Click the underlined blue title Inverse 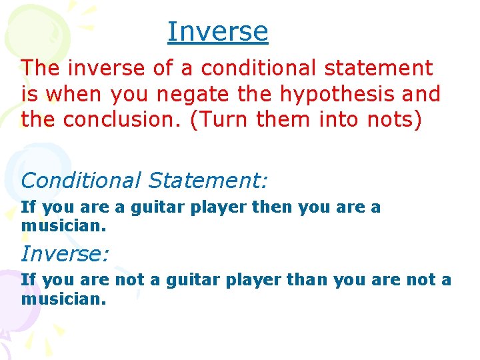click(x=217, y=31)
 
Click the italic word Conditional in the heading click(x=81, y=180)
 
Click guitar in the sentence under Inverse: click(x=191, y=280)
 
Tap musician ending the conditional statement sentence click(x=63, y=227)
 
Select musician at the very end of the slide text click(x=63, y=300)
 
